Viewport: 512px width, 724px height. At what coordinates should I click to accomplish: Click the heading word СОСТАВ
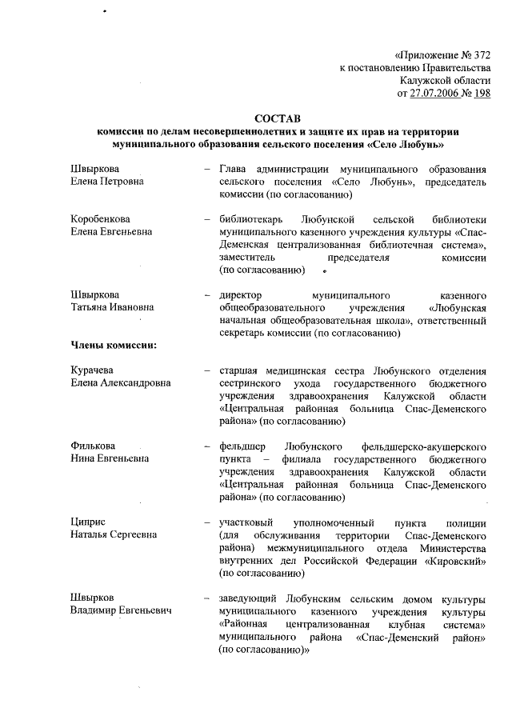pyautogui.click(x=277, y=118)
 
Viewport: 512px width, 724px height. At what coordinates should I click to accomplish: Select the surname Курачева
pyautogui.click(x=94, y=370)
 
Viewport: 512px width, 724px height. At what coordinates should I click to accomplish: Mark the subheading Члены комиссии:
pyautogui.click(x=113, y=345)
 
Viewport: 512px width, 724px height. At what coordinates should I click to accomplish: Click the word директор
pyautogui.click(x=240, y=294)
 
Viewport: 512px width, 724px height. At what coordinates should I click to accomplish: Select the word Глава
pyautogui.click(x=233, y=169)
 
